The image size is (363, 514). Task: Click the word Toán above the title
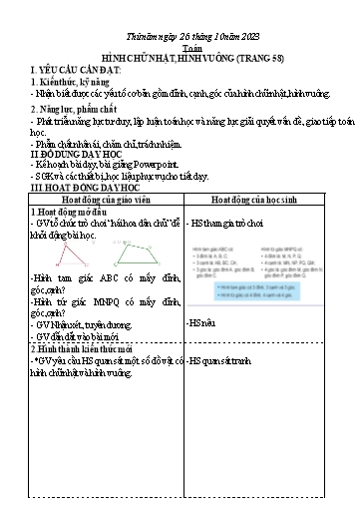pyautogui.click(x=181, y=46)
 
